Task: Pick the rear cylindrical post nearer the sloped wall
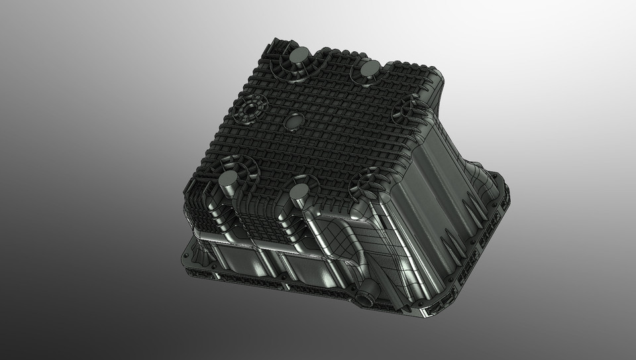(370, 68)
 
